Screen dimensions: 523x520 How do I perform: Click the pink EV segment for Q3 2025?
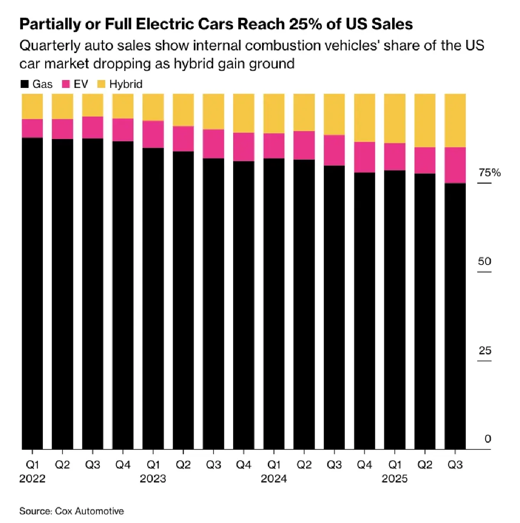point(455,165)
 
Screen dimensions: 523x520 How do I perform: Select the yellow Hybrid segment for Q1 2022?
point(32,106)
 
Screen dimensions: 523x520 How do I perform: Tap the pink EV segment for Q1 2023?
point(153,134)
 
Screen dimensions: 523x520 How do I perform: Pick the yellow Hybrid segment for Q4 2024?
point(364,117)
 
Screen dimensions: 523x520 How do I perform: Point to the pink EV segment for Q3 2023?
point(214,144)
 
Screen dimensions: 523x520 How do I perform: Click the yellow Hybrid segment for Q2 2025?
point(425,120)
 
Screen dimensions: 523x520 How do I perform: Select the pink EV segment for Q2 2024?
point(304,145)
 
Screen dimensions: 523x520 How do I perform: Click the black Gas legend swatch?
point(25,84)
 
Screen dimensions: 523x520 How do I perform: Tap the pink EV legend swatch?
point(66,84)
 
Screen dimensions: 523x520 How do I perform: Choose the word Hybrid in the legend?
point(126,84)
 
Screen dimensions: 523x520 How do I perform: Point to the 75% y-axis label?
point(490,173)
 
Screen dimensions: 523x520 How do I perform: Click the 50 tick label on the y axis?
point(484,261)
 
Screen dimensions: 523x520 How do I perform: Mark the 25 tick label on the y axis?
point(485,350)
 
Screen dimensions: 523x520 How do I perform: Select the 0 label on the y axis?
point(487,439)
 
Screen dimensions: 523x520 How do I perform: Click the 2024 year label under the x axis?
point(274,478)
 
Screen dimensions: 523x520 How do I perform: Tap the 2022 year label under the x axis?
point(32,478)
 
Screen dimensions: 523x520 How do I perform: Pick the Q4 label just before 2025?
point(364,465)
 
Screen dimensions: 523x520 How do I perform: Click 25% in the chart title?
point(305,24)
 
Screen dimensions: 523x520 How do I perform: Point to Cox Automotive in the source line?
point(89,511)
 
